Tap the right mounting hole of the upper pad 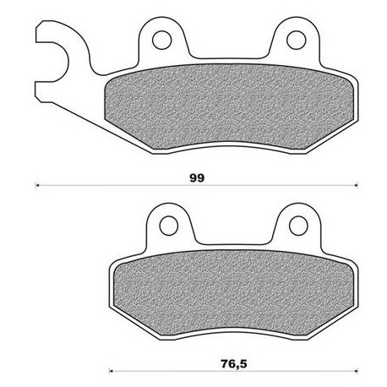[x=295, y=38]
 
